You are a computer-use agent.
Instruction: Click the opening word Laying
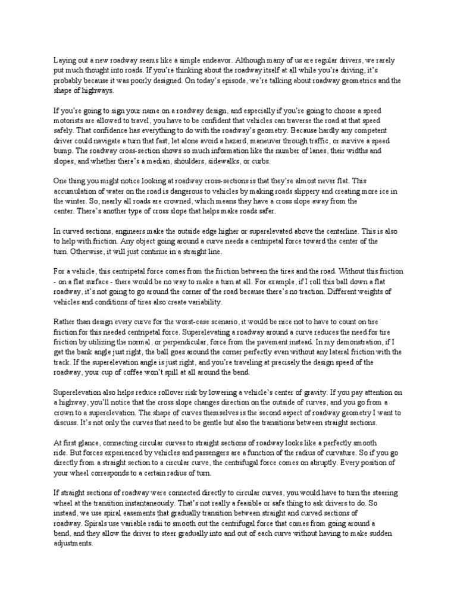coord(64,61)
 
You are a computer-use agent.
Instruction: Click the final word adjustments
coord(74,543)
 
